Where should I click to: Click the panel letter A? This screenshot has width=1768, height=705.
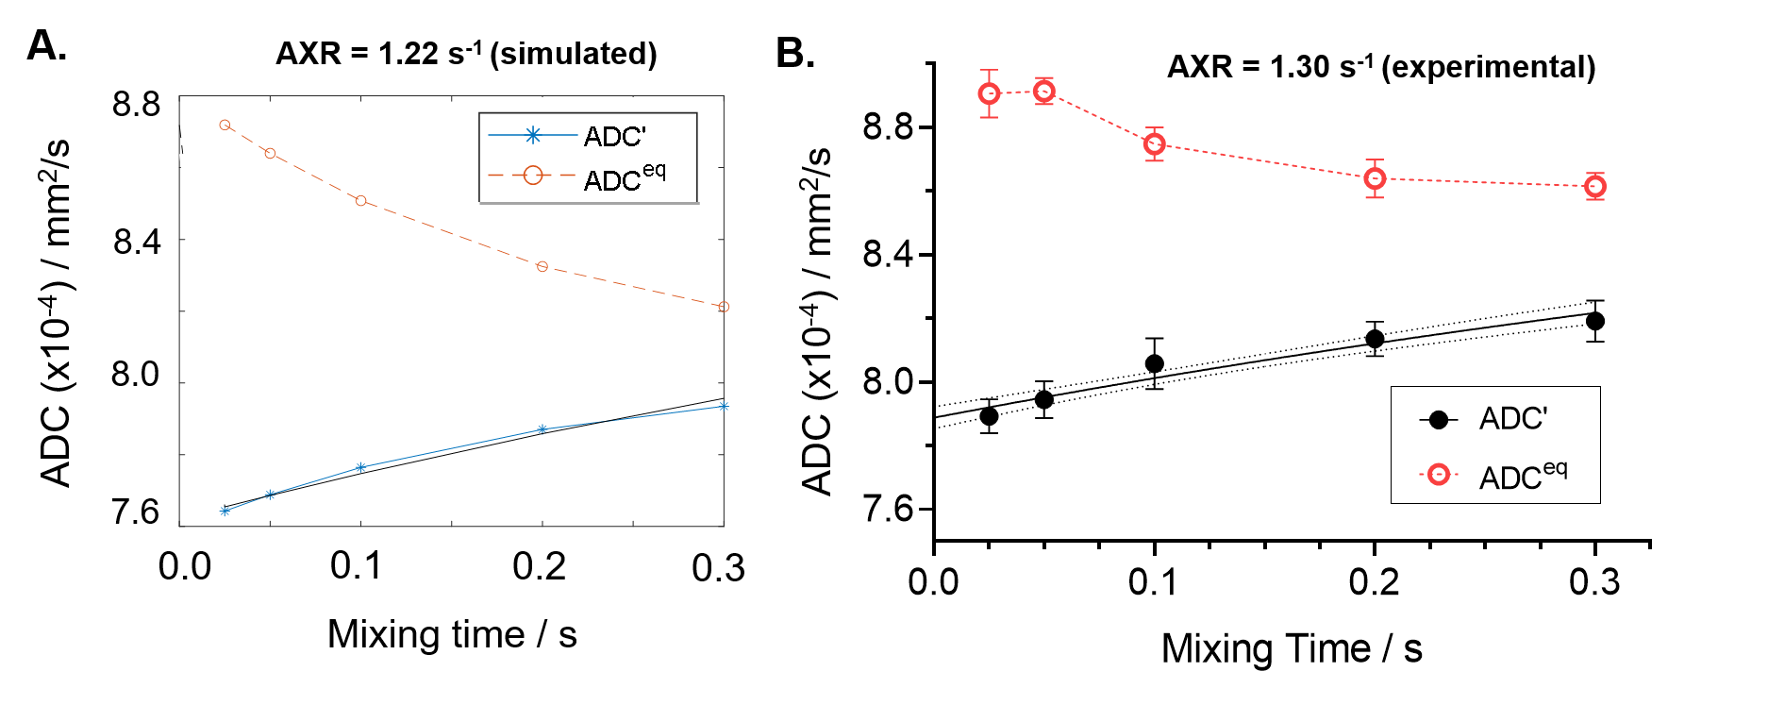[x=46, y=45]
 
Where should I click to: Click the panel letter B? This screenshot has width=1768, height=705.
[x=794, y=53]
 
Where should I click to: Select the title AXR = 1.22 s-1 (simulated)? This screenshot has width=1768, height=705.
[x=466, y=54]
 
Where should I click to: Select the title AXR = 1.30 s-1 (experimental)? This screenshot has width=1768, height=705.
[x=1381, y=67]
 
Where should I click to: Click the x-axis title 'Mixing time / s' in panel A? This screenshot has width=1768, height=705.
[x=452, y=634]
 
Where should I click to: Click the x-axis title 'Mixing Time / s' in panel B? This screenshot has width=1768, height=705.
[x=1292, y=649]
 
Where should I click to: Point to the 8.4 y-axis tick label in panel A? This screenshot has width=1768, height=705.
[x=137, y=242]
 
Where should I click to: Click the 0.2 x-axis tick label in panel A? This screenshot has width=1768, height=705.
[x=540, y=566]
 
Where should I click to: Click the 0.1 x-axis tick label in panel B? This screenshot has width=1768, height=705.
[x=1153, y=581]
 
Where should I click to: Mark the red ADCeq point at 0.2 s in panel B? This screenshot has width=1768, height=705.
[x=1375, y=178]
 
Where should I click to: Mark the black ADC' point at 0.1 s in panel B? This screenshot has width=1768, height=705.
[x=1154, y=363]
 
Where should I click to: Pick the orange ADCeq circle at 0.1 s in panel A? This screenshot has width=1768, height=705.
[x=360, y=201]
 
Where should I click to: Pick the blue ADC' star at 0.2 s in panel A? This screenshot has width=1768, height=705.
[x=542, y=429]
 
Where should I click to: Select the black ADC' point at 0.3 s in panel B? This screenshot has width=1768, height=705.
[x=1594, y=321]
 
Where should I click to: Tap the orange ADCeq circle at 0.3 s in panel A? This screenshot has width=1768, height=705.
[x=724, y=307]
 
